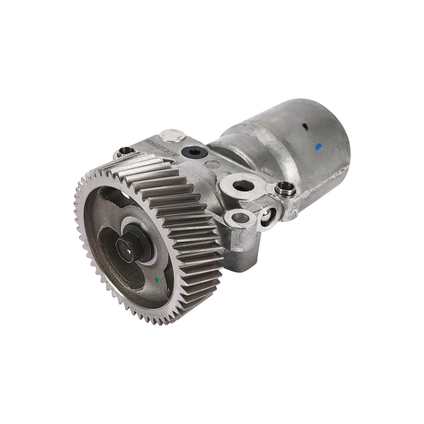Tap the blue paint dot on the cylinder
318,146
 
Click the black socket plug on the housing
193,152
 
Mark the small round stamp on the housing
212,164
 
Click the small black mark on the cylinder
306,128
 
